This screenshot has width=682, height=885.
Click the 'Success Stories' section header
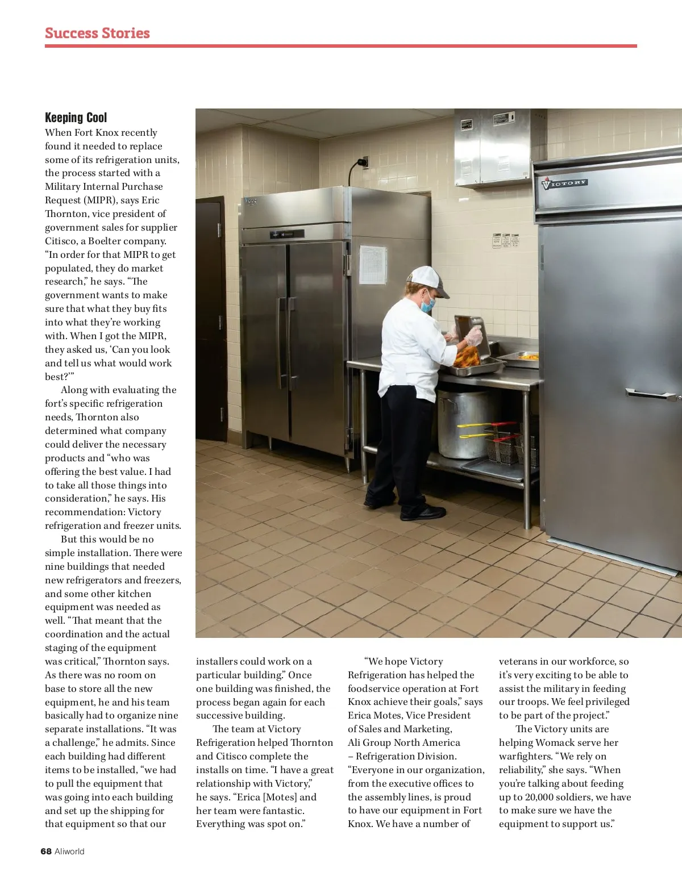pos(97,33)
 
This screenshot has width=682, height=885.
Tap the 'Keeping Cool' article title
pos(76,118)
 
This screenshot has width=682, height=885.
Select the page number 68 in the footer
pos(46,851)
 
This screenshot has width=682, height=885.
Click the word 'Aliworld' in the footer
pos(69,851)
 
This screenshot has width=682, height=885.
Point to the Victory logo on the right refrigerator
pos(564,183)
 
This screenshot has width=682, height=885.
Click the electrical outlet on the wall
pos(364,162)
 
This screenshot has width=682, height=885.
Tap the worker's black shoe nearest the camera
pos(423,513)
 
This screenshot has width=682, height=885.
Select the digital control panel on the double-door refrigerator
pos(286,234)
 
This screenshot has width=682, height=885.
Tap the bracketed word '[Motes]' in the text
pos(280,797)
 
